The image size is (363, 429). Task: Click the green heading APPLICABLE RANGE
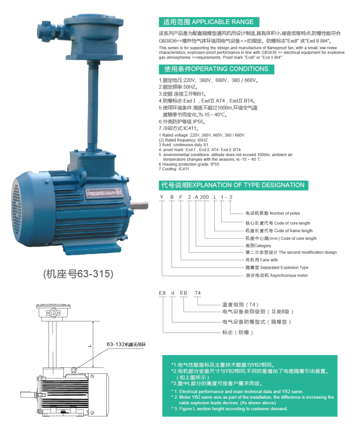coord(208,22)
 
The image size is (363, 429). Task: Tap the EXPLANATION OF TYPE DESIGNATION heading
coord(232,185)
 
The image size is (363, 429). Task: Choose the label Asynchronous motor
coord(277,275)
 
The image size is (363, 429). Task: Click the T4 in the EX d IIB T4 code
coord(198,292)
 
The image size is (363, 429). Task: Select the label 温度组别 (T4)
coord(240,304)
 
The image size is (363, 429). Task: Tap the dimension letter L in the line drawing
coord(88,346)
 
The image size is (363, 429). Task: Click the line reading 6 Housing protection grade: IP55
coord(189,164)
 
